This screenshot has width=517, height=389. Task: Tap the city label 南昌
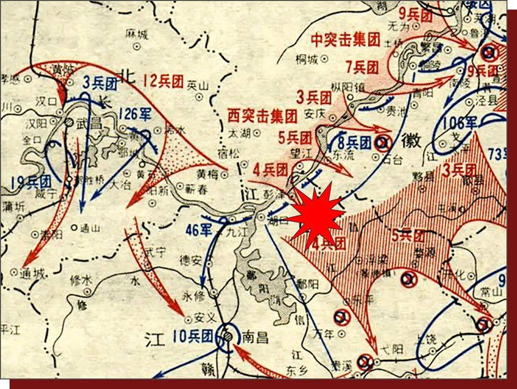(x=256, y=337)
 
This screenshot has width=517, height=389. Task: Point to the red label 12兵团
(x=164, y=82)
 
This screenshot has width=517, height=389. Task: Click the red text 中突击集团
(x=345, y=40)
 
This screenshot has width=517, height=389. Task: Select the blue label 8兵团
(x=354, y=142)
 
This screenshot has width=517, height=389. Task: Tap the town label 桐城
(x=307, y=60)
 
